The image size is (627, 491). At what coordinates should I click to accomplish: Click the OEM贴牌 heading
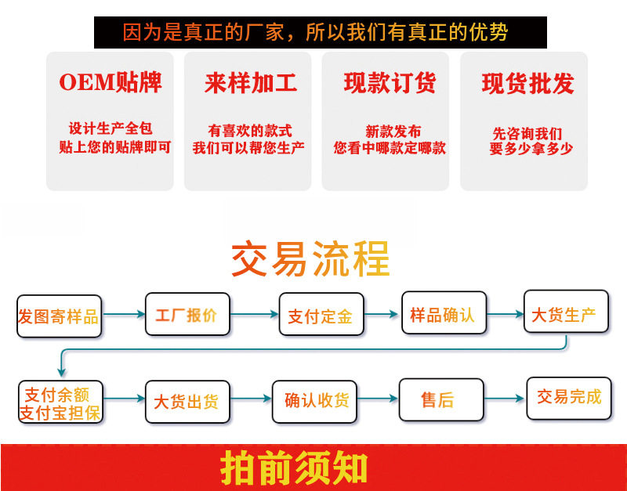(110, 83)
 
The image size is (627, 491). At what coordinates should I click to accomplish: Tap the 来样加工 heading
(251, 83)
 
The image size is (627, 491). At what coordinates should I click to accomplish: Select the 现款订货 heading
(390, 83)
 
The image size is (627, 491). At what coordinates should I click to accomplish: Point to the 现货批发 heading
(527, 84)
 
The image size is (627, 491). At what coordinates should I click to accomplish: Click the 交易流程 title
(311, 258)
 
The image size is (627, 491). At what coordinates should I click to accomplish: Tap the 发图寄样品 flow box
(59, 316)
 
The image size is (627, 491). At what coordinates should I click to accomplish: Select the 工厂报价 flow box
(187, 316)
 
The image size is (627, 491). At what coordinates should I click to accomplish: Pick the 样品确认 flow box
(444, 313)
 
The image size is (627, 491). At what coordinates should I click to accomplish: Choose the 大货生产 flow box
(564, 313)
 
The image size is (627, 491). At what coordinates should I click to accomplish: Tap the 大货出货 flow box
(187, 402)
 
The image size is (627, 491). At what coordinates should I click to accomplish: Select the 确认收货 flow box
(317, 400)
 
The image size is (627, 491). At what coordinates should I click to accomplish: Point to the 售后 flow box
(437, 399)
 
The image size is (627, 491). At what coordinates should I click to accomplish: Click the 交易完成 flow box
(568, 397)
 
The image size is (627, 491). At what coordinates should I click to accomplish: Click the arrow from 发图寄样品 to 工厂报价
(124, 315)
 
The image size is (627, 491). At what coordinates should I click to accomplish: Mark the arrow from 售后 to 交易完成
(502, 399)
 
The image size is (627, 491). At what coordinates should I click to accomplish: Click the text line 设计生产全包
(111, 128)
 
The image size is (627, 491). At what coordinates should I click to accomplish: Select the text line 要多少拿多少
(531, 148)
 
